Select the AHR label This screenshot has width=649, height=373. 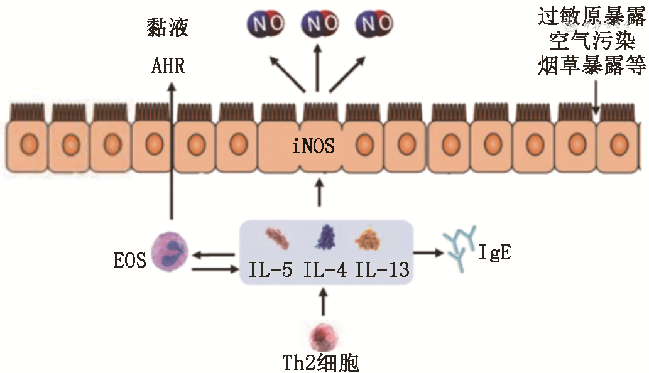168,65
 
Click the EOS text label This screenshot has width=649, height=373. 130,260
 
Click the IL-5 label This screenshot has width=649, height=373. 271,270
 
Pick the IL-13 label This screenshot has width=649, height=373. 382,270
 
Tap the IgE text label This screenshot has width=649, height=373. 494,254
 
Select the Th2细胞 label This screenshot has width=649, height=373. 322,362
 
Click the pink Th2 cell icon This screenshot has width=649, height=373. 323,335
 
